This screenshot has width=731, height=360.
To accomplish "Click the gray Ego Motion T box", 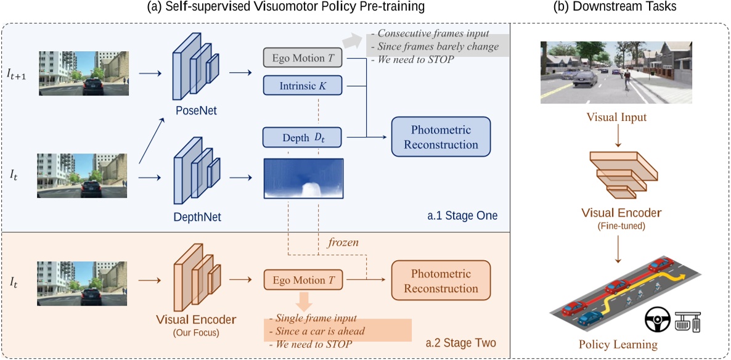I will point(302,59).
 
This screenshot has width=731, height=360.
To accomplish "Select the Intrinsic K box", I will point(302,86).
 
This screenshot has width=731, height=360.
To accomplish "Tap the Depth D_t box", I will point(302,137).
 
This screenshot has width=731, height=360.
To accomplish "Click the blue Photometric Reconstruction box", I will point(441,137).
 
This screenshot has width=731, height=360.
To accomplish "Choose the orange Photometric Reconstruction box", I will point(441,281).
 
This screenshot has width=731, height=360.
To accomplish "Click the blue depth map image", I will point(303,179).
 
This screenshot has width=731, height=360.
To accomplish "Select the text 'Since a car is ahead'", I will point(321,331).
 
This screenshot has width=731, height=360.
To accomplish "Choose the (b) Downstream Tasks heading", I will point(619,7).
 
